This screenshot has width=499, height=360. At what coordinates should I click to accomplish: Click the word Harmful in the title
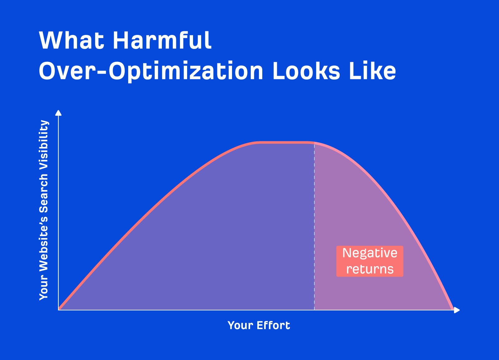pyautogui.click(x=162, y=41)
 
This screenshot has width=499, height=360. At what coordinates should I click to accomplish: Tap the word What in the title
pyautogui.click(x=71, y=41)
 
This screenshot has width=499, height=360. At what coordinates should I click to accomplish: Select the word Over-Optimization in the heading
pyautogui.click(x=151, y=71)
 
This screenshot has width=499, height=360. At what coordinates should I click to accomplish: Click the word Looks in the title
pyautogui.click(x=306, y=71)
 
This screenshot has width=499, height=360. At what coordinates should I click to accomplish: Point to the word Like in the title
pyautogui.click(x=372, y=71)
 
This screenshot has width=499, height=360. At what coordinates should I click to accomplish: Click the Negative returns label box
pyautogui.click(x=370, y=261)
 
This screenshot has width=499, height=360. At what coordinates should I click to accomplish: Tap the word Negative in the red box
pyautogui.click(x=370, y=253)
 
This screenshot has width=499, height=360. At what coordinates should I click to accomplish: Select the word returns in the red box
pyautogui.click(x=370, y=269)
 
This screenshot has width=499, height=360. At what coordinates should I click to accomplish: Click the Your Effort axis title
pyautogui.click(x=259, y=325)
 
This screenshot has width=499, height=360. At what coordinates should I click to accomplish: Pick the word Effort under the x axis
pyautogui.click(x=273, y=325)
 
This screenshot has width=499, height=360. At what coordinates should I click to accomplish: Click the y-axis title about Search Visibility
pyautogui.click(x=44, y=210)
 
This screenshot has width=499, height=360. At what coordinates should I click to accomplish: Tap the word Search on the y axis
pyautogui.click(x=44, y=193)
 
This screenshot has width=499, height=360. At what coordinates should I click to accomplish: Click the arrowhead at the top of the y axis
pyautogui.click(x=58, y=112)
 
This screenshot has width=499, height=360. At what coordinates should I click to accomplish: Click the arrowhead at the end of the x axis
pyautogui.click(x=457, y=310)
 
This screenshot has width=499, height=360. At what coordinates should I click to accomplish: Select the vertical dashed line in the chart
pyautogui.click(x=314, y=225)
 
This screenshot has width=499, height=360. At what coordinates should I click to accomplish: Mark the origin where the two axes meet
pyautogui.click(x=59, y=310)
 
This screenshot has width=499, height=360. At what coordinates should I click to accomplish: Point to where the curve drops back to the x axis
pyautogui.click(x=453, y=309)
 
